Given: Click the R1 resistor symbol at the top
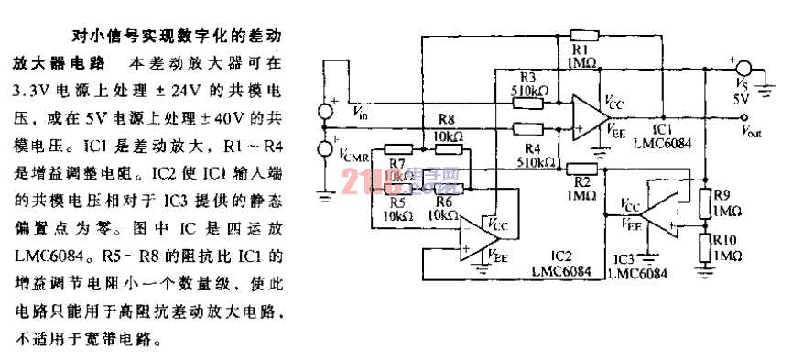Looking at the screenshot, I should (x=582, y=36).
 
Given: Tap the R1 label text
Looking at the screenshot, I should (x=581, y=48).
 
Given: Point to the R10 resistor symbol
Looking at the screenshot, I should (x=707, y=245).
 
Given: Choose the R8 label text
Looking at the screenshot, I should (x=446, y=120).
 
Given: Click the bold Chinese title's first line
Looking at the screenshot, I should (x=175, y=38).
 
